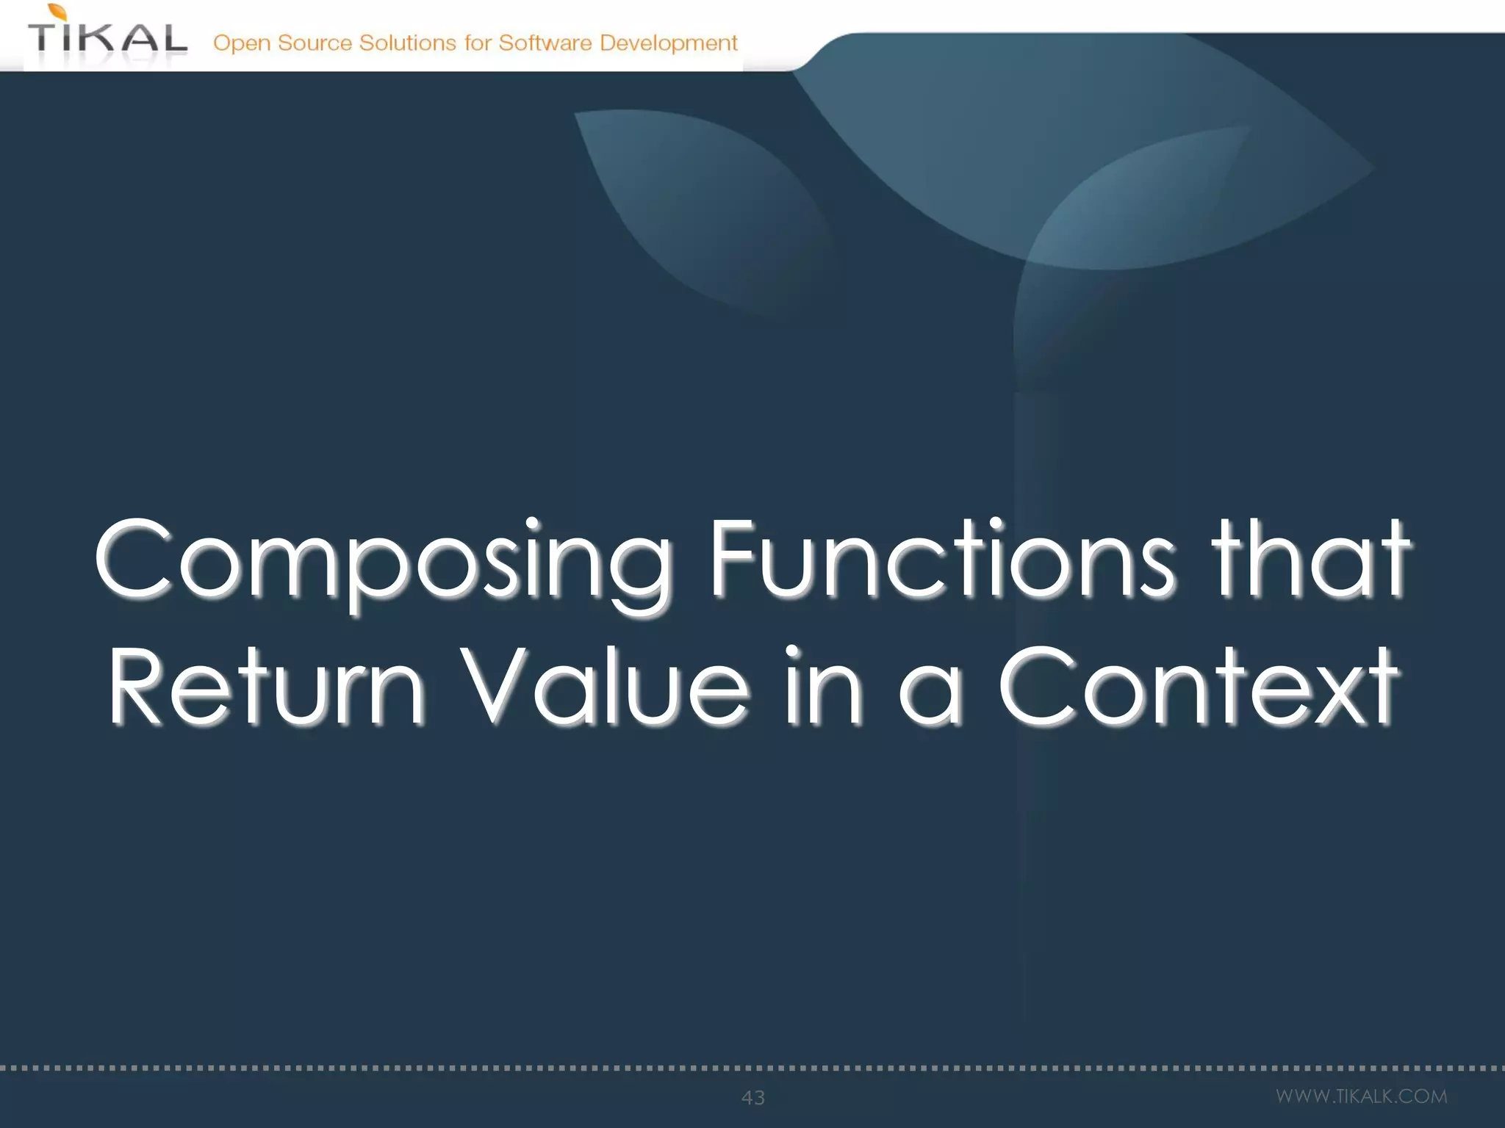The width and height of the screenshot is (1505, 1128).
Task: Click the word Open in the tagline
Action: (x=242, y=43)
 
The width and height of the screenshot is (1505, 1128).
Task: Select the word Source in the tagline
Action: (x=315, y=43)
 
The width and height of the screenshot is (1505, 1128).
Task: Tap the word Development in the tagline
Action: (x=668, y=43)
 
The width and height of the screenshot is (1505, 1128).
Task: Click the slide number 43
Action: (x=753, y=1097)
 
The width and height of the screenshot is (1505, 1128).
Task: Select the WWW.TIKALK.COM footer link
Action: (x=1361, y=1096)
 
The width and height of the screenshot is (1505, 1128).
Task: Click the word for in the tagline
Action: (x=477, y=43)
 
